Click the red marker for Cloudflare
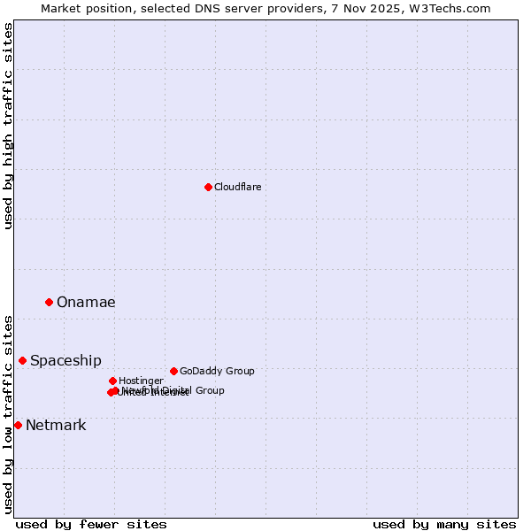(x=208, y=187)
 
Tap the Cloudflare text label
(x=237, y=187)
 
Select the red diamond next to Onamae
(x=49, y=302)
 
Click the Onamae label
(x=86, y=302)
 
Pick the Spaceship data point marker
(x=22, y=360)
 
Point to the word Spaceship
(x=65, y=360)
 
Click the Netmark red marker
(x=18, y=425)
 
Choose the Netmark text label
(x=56, y=425)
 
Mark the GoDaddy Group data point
(x=173, y=371)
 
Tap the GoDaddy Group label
(x=217, y=371)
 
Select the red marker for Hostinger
(x=112, y=381)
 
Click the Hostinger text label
(x=141, y=381)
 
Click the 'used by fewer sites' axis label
(x=91, y=524)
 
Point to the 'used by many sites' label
(x=444, y=524)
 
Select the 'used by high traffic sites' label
(x=8, y=126)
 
